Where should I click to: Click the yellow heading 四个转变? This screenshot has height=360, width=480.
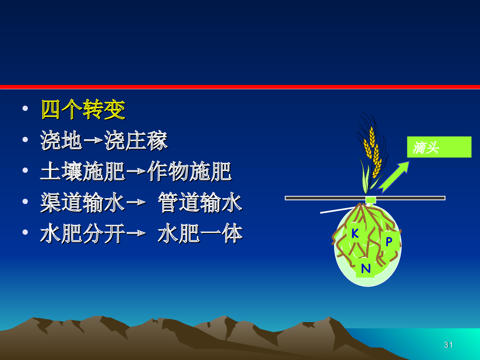(x=83, y=109)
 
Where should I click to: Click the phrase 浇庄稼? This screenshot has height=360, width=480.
(x=136, y=141)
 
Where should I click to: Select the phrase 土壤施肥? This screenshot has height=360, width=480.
(x=83, y=171)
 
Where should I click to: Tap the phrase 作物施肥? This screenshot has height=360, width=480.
(x=189, y=171)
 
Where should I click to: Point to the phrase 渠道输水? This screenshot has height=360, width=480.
(x=83, y=203)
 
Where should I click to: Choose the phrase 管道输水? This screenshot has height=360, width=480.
(x=200, y=203)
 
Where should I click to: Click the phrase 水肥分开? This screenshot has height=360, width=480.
(x=83, y=234)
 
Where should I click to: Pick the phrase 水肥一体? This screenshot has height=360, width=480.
(x=200, y=234)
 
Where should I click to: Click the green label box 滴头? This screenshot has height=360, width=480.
(x=439, y=147)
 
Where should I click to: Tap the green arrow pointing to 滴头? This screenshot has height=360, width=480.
(x=394, y=177)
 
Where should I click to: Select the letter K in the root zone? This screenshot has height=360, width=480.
(x=355, y=233)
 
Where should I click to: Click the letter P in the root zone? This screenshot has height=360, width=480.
(x=389, y=241)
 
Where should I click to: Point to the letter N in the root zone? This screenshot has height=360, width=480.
(x=365, y=268)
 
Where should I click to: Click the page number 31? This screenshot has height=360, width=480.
(x=448, y=345)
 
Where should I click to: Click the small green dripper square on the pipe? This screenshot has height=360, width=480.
(x=371, y=200)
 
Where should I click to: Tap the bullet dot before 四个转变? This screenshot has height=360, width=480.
(x=25, y=108)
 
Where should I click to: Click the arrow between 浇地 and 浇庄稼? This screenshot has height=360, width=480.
(x=94, y=140)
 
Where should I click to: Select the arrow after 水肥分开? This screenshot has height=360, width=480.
(x=136, y=233)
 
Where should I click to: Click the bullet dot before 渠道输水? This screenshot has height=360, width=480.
(x=25, y=201)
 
